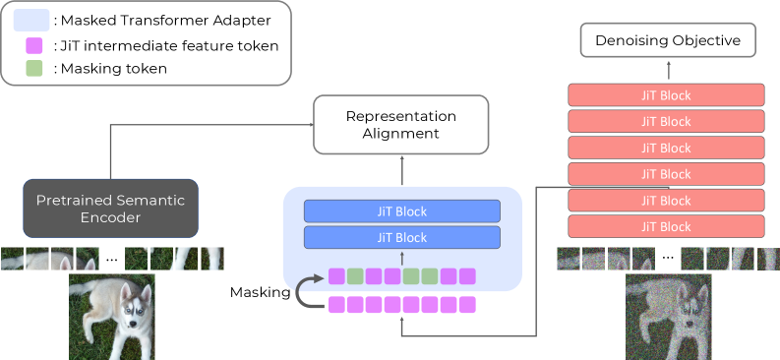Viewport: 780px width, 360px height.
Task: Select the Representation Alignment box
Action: click(x=400, y=124)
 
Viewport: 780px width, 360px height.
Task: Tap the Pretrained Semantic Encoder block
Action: click(x=110, y=209)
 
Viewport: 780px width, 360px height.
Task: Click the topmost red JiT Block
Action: click(x=667, y=95)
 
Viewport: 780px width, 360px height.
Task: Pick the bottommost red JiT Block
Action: click(x=667, y=226)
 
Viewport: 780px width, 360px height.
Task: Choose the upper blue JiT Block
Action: click(x=402, y=211)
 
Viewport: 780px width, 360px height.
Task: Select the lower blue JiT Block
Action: click(x=402, y=237)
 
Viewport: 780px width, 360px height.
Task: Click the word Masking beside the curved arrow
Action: click(x=260, y=292)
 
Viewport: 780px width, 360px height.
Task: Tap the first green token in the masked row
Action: click(x=355, y=276)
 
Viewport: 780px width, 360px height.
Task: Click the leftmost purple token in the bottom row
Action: click(x=336, y=304)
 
